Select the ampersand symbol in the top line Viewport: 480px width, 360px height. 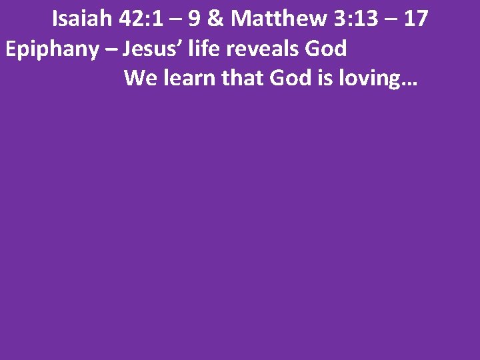[x=216, y=19]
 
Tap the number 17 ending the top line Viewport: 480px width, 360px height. [x=415, y=19]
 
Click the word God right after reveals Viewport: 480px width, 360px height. [x=326, y=49]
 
